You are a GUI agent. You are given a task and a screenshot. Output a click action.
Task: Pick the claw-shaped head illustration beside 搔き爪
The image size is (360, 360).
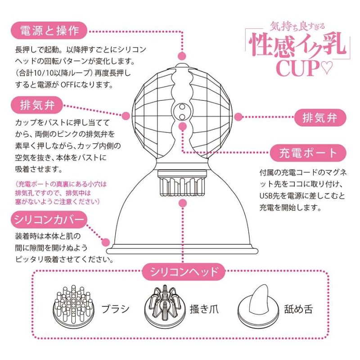click(165, 306)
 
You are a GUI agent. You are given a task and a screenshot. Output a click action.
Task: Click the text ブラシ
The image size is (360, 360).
click(114, 309)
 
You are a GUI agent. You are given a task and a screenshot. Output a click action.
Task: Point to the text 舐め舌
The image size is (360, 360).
click(298, 309)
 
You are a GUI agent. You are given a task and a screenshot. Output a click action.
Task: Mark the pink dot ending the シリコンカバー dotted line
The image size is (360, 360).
click(107, 242)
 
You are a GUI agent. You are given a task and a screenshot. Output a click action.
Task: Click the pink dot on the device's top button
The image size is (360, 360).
click(182, 56)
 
